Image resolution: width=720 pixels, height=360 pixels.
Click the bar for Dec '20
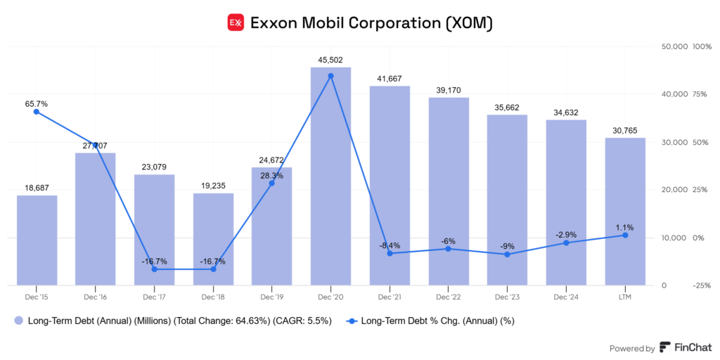[x=330, y=176]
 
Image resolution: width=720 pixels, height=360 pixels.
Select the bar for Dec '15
[x=37, y=240]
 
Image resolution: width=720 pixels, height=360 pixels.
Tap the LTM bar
[x=625, y=211]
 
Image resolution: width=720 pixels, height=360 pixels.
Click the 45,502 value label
[x=330, y=60]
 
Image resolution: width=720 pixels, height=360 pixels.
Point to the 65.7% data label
[x=36, y=103]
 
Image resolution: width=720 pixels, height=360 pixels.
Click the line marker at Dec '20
[x=330, y=76]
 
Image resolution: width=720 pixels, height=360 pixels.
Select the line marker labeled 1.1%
[x=625, y=236]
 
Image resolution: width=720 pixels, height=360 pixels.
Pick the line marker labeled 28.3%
[x=272, y=183]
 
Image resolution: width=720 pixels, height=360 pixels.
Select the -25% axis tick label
[x=701, y=285]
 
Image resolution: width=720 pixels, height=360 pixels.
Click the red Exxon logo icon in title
[x=236, y=23]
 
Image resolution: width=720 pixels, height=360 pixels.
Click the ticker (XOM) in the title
[x=470, y=23]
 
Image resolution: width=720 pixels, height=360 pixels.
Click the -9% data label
[x=507, y=246]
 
